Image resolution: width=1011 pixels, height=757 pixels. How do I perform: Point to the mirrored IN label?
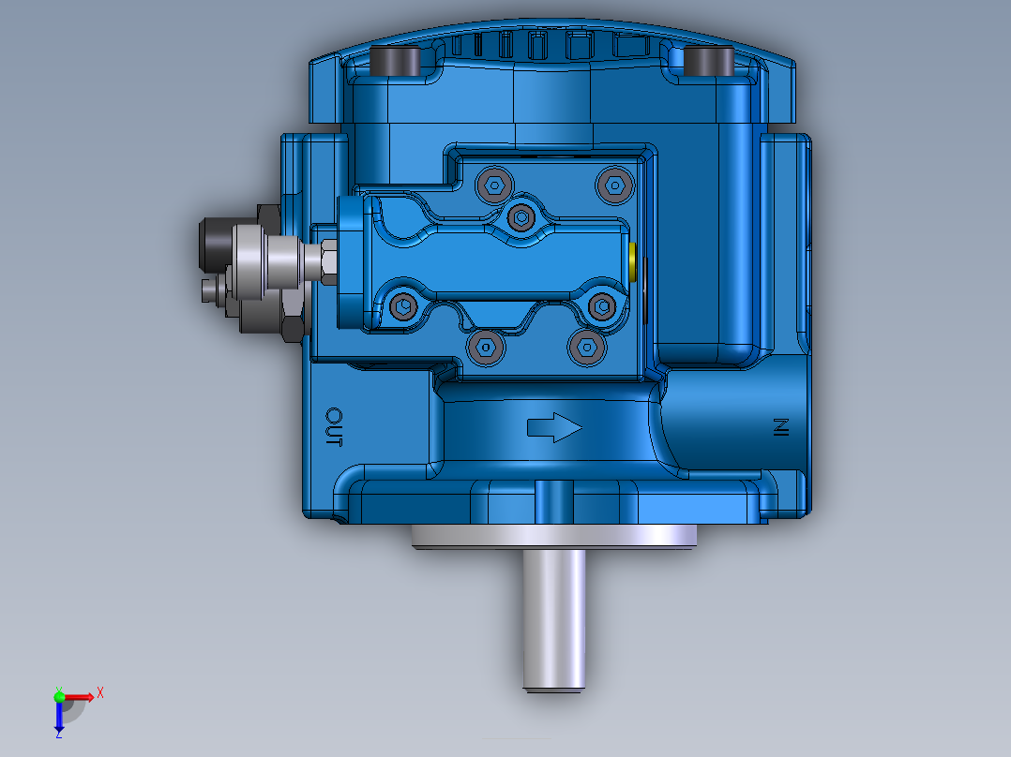point(778,428)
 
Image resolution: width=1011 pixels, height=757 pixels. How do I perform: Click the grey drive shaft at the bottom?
point(554,618)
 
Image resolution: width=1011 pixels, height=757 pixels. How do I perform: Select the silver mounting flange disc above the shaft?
point(554,535)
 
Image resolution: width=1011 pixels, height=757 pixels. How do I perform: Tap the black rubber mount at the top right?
point(708,62)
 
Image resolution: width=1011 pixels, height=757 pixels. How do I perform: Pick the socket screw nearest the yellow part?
point(600,304)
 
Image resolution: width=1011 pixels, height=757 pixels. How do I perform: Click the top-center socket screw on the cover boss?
point(521,217)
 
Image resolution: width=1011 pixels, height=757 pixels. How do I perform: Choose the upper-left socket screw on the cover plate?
point(492,185)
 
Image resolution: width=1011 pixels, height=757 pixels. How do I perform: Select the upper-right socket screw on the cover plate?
point(613,185)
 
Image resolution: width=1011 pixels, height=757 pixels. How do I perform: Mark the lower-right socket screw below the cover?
point(583,348)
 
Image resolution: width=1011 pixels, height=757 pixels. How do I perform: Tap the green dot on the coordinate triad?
point(60,695)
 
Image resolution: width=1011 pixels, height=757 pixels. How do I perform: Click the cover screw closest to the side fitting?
point(404,304)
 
